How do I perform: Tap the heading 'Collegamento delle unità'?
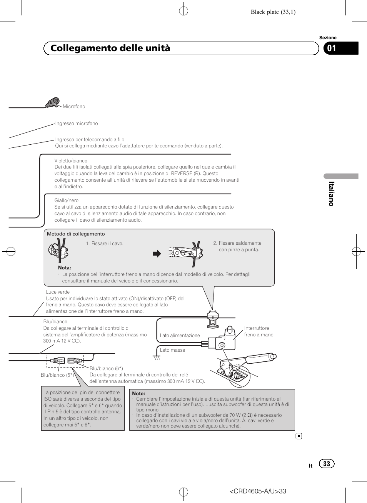click(x=110, y=48)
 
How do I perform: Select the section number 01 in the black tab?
click(x=332, y=48)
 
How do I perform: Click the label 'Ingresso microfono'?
click(x=77, y=124)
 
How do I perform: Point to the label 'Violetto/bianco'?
click(x=71, y=161)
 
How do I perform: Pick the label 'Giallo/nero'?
click(x=67, y=201)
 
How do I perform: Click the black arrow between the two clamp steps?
click(x=157, y=254)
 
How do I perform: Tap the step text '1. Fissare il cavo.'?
click(x=105, y=244)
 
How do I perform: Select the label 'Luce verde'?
click(x=58, y=292)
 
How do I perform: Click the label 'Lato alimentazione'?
click(x=180, y=336)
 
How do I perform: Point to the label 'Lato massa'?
click(x=172, y=350)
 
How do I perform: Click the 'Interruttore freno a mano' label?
click(x=258, y=331)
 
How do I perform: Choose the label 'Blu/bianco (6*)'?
click(x=106, y=369)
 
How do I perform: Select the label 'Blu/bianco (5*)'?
click(x=57, y=375)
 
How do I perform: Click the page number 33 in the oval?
click(x=327, y=464)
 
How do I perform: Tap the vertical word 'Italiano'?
click(x=331, y=194)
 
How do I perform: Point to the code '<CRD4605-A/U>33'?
click(x=258, y=491)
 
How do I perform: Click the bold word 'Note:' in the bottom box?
click(x=138, y=394)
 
